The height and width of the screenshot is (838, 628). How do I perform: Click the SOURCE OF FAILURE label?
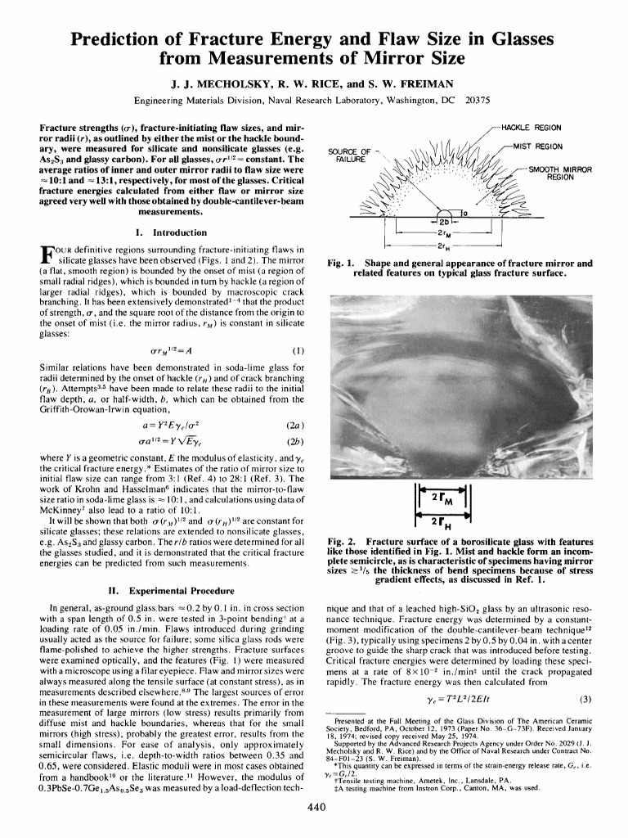pos(349,155)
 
